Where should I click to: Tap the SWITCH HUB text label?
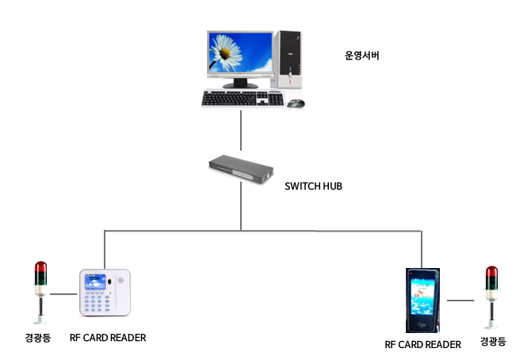(312, 187)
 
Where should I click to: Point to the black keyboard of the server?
(242, 98)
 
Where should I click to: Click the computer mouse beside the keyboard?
(295, 103)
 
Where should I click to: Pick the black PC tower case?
(288, 58)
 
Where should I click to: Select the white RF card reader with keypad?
(106, 297)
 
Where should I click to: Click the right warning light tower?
(491, 294)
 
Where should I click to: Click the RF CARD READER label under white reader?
(108, 338)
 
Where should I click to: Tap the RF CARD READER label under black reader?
(422, 344)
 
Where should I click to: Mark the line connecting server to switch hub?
(240, 131)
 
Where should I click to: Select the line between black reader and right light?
(463, 301)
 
